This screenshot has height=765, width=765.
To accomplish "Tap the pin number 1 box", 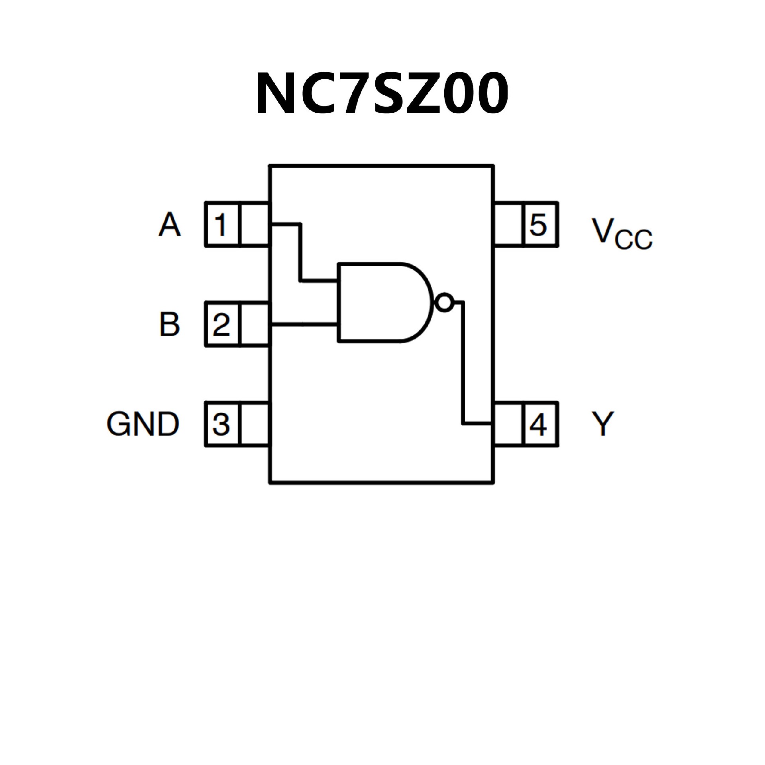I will coord(222,224).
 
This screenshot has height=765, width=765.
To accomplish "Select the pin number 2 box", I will coord(222,324).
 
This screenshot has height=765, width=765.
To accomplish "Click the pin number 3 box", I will coord(222,424).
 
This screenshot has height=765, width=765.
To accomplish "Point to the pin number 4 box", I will coord(539,424).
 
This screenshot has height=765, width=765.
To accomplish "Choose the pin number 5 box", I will coord(539,224).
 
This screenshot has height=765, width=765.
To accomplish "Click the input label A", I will coord(170,224).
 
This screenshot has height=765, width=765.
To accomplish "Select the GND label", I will coord(143,424).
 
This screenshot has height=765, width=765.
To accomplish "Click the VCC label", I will coord(622,234).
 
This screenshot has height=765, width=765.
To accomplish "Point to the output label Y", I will coord(602,424).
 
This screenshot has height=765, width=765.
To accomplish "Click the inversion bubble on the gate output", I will coord(444,303).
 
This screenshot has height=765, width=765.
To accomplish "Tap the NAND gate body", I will coord(382,302).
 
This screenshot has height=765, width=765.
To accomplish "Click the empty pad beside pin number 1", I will coord(255,224).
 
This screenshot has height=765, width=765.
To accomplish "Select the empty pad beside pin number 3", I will coord(255,424).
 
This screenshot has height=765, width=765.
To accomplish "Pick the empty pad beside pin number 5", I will coord(508,224).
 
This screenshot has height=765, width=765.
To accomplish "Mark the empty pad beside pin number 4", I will coord(508,424).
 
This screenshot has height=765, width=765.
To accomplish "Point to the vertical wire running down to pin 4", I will coord(463,363).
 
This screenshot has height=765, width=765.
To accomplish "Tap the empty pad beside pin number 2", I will coord(255,324).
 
